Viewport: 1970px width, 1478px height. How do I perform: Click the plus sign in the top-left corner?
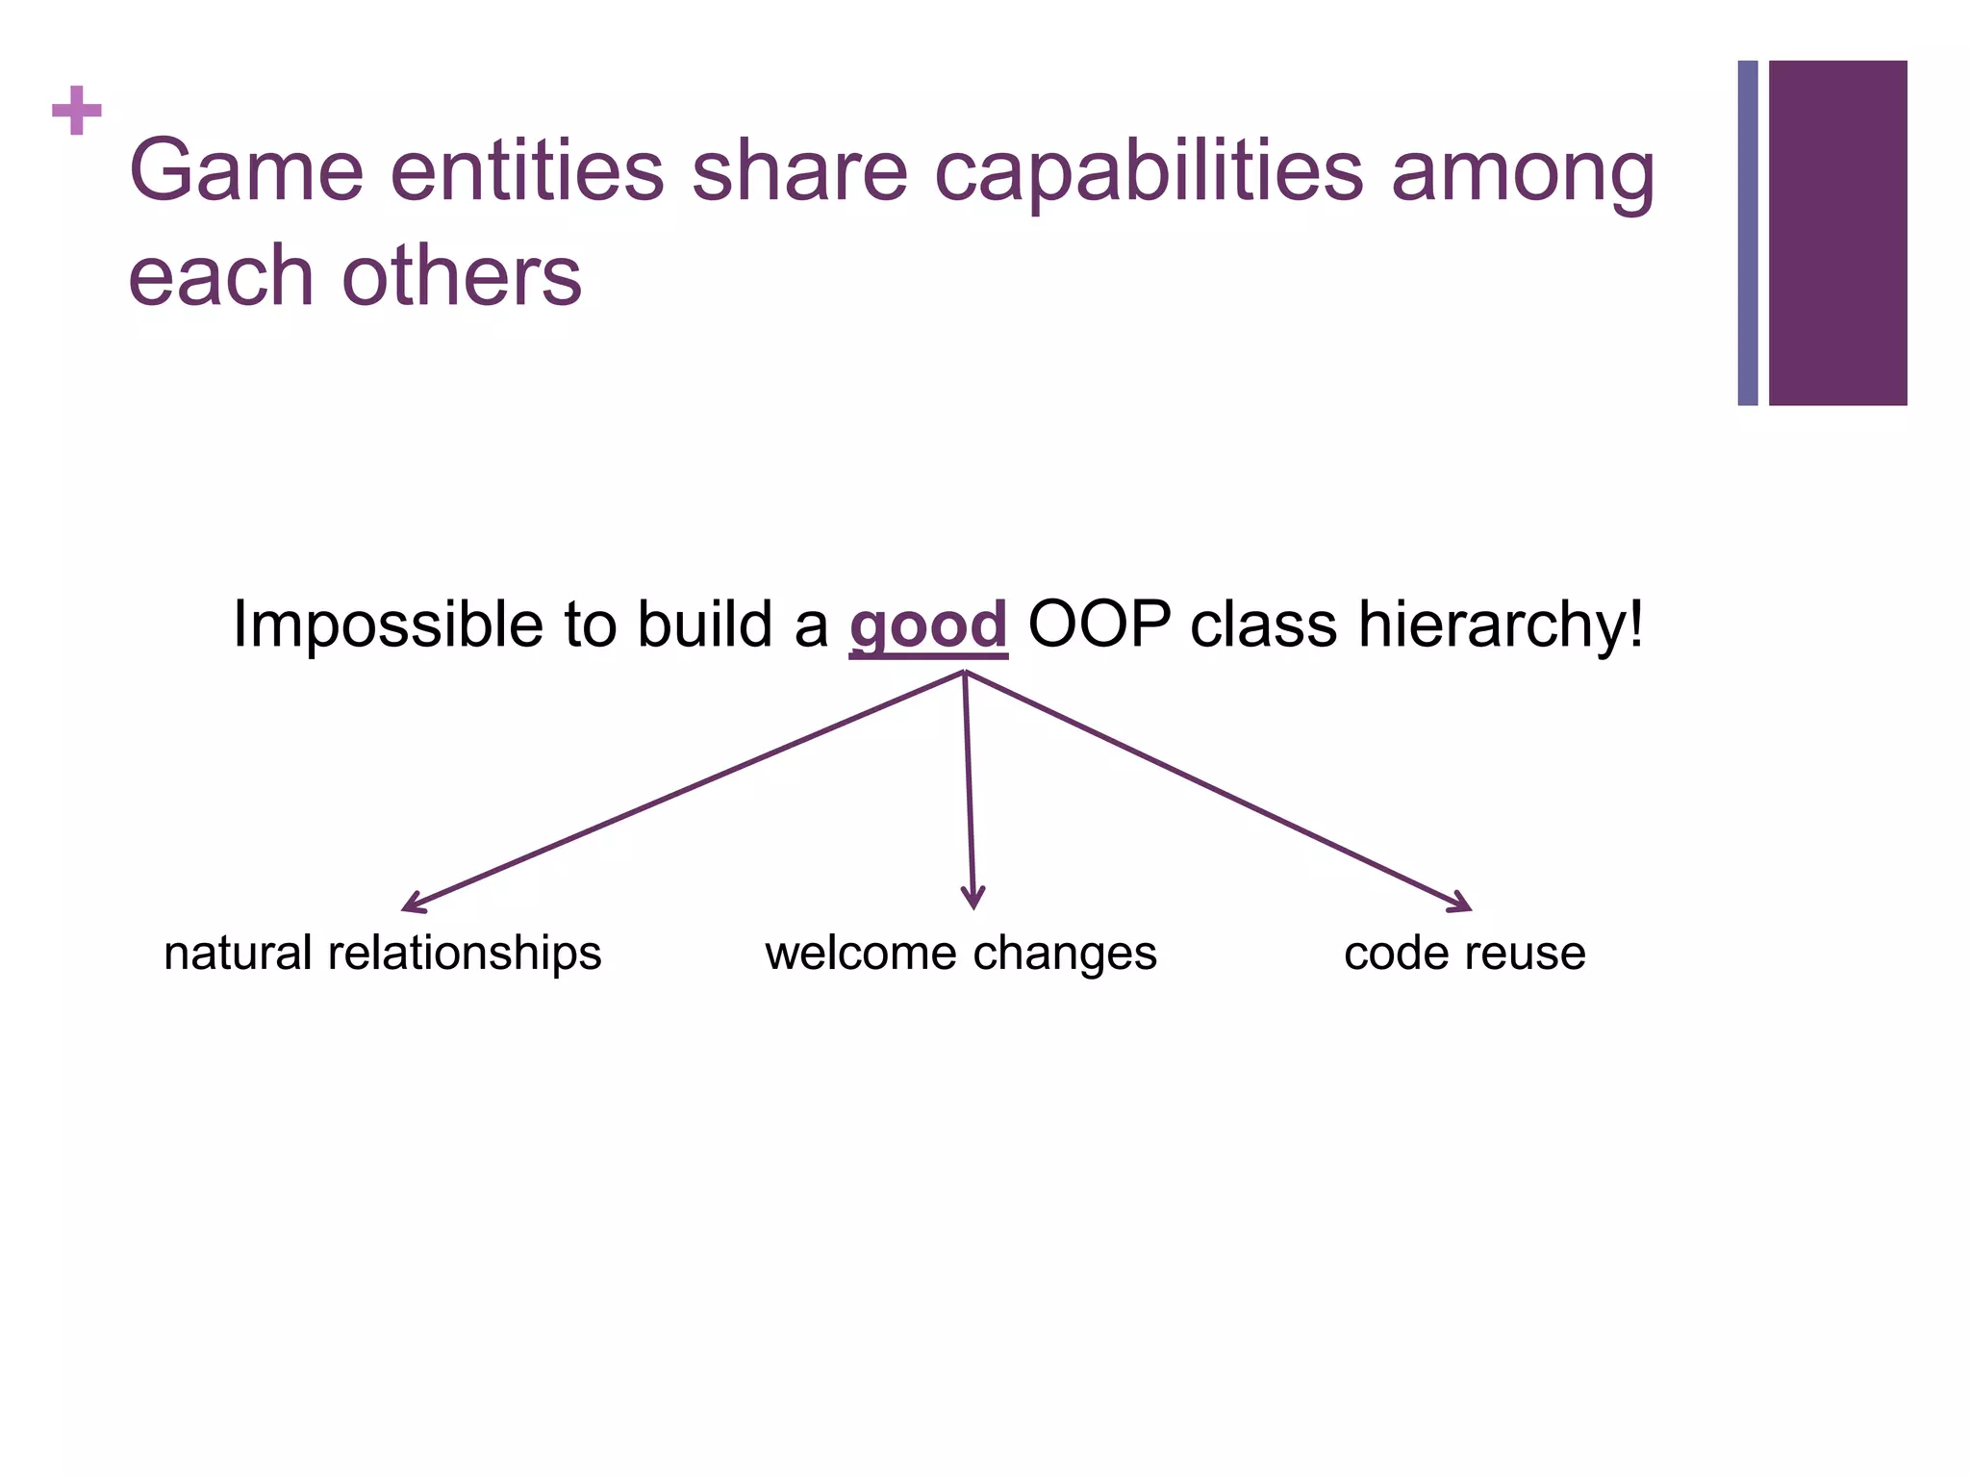(x=77, y=111)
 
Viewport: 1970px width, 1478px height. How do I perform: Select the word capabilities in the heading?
(x=1149, y=173)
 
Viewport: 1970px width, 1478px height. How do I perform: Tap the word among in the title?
(x=1523, y=173)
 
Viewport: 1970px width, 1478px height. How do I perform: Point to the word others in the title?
(x=462, y=276)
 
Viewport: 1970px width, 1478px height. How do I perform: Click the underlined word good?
(x=928, y=625)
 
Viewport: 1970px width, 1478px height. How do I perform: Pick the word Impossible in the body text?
(x=388, y=625)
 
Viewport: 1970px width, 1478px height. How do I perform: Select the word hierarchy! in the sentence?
(x=1501, y=625)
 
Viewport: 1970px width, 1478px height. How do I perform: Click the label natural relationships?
(x=383, y=953)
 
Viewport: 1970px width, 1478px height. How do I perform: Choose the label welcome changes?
(x=961, y=953)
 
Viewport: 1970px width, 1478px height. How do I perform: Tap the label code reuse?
(x=1464, y=953)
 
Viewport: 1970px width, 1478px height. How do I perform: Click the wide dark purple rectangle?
(x=1837, y=233)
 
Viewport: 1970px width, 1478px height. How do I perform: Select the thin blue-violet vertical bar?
(x=1748, y=233)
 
